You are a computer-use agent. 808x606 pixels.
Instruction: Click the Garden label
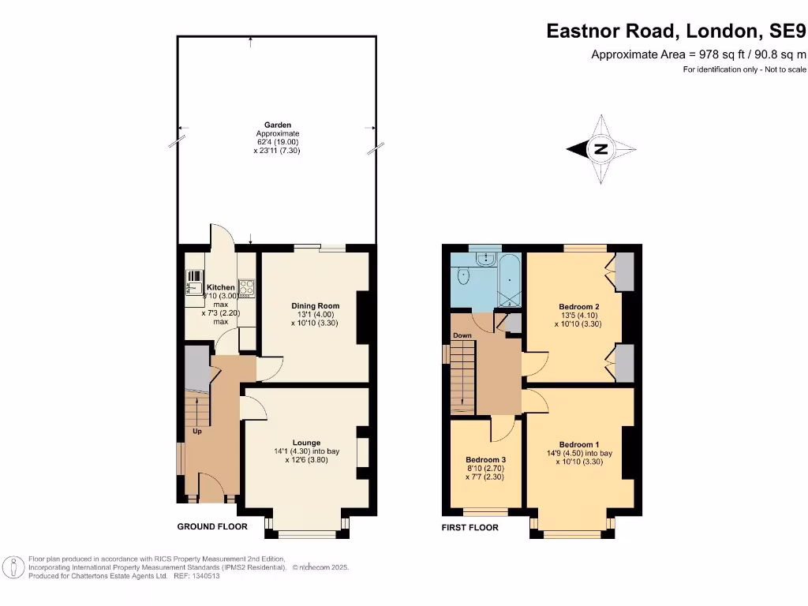277,125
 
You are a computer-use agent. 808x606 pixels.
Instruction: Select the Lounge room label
306,443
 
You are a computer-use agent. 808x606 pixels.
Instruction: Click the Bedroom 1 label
580,444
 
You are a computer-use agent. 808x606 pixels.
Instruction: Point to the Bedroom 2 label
580,306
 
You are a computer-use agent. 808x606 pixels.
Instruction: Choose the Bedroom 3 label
485,459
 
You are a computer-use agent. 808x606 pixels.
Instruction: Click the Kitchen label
220,287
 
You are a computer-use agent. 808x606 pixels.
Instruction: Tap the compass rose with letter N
601,149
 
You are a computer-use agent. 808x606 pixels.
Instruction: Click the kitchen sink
193,281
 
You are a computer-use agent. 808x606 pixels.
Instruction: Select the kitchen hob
245,287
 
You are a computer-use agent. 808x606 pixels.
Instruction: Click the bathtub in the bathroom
510,280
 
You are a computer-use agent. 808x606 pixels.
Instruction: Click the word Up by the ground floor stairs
196,432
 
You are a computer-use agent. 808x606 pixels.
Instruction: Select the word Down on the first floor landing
462,335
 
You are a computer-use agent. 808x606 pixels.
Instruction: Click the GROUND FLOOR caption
211,526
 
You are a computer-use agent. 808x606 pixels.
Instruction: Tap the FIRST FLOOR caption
469,527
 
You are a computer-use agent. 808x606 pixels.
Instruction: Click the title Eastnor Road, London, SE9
676,32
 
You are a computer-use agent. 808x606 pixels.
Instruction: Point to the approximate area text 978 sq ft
698,54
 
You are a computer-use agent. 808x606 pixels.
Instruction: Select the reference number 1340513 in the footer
205,576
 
